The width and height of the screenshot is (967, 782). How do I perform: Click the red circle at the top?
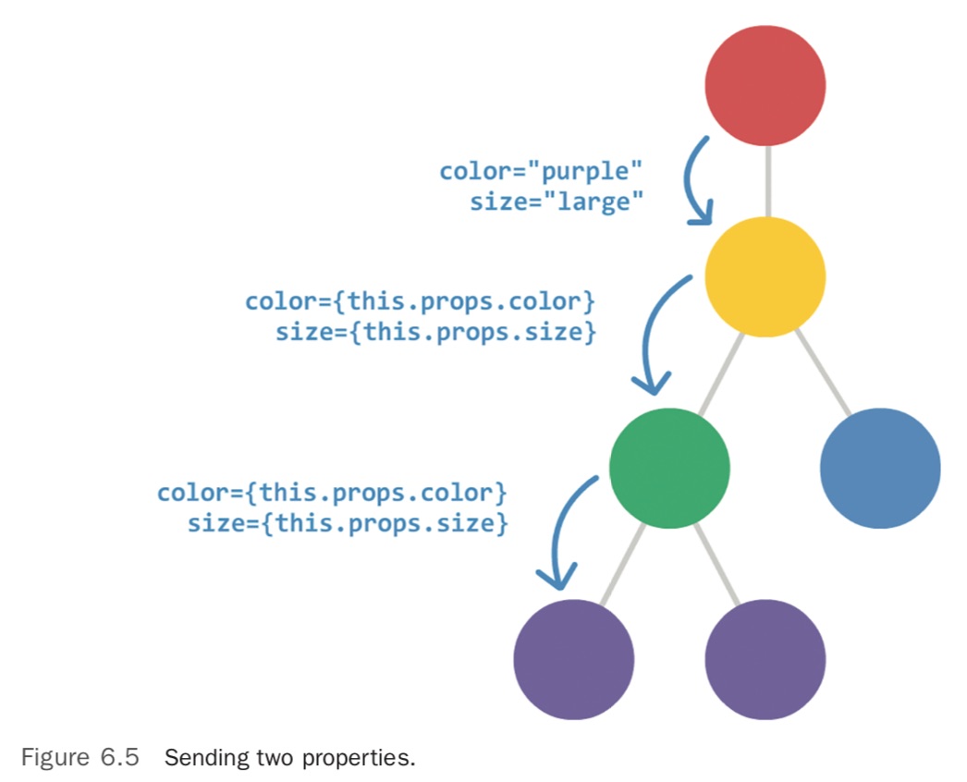coord(765,85)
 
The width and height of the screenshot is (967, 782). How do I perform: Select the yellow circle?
coord(765,276)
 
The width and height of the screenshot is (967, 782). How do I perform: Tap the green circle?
coord(669,468)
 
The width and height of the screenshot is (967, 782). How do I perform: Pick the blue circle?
coord(879,468)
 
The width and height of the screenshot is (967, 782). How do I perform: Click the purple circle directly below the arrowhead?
coord(573,659)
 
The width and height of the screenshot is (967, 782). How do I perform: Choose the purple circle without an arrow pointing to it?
coord(765,659)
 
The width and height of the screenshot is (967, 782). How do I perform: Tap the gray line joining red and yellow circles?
coord(765,180)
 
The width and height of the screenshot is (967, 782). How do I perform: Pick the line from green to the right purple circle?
coord(716,564)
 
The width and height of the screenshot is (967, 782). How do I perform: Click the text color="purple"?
coord(541,171)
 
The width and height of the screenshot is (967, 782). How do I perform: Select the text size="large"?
coord(556,202)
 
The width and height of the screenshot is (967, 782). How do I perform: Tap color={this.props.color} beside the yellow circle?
coord(418,301)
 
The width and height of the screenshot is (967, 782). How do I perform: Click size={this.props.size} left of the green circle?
coord(347,524)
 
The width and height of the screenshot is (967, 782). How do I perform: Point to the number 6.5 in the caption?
coord(120,759)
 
